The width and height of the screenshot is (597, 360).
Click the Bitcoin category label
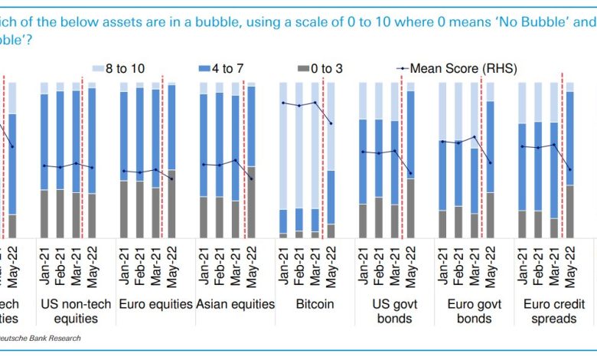(x=315, y=304)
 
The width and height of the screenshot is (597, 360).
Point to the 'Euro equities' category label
(x=155, y=304)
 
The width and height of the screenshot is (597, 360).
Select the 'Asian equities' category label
(x=235, y=304)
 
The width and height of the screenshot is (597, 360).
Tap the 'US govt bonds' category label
(x=393, y=311)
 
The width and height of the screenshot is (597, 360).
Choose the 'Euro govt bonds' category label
(x=473, y=311)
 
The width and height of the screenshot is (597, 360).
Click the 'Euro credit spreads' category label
(x=553, y=311)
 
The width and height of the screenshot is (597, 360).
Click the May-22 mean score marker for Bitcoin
(x=331, y=123)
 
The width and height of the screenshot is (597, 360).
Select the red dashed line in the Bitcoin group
(x=324, y=153)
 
